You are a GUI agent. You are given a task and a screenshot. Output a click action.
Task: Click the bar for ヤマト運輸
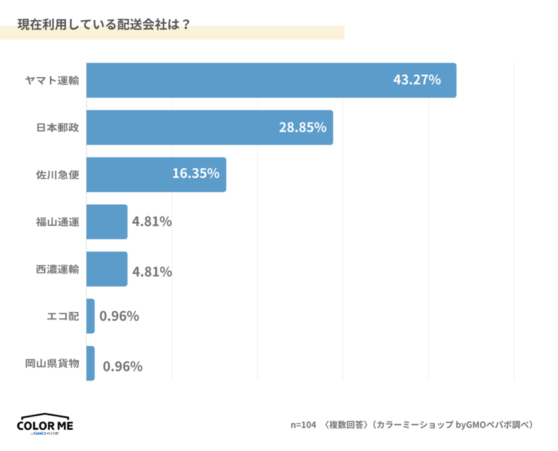point(271,80)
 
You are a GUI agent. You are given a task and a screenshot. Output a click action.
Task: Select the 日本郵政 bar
point(209,127)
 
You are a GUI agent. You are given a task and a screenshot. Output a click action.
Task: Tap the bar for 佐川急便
point(156,174)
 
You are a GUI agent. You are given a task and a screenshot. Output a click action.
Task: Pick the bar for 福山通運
point(107,222)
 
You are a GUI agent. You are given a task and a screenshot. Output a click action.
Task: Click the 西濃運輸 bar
point(107,269)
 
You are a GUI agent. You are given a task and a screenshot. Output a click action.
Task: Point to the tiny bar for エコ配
point(90,316)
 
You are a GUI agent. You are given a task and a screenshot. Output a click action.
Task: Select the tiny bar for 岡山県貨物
point(90,363)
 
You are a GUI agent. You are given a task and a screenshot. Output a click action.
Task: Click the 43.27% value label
point(417,80)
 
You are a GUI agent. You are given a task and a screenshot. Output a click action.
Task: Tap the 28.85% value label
point(303,127)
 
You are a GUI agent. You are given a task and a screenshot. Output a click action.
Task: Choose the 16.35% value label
point(195,173)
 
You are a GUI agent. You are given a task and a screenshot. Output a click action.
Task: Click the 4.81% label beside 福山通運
point(152,222)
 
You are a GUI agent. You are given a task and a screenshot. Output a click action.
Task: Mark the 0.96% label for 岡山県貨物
point(122,366)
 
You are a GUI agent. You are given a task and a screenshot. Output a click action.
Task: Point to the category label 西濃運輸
point(57,269)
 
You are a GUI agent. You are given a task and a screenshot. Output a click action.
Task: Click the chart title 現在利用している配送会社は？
point(104,25)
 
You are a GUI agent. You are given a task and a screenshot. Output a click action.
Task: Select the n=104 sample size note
point(303,425)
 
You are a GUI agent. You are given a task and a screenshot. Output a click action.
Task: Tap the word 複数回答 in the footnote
point(346,425)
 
